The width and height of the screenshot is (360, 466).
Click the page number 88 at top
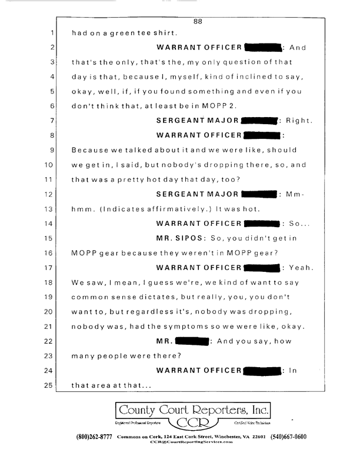coord(198,22)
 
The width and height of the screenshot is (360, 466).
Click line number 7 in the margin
coord(52,122)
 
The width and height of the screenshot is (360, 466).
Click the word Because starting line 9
coord(91,151)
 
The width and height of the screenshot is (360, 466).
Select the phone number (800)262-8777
coord(96,437)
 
